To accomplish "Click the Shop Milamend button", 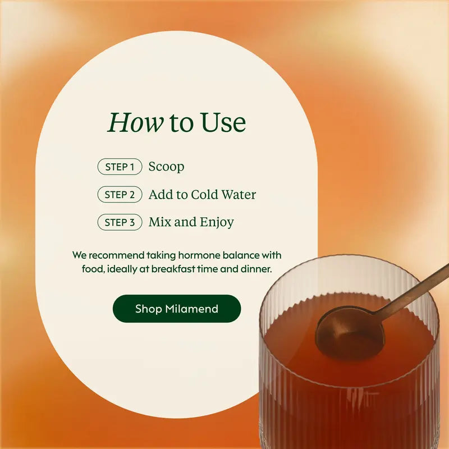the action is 177,309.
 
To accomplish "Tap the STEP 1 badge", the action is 120,167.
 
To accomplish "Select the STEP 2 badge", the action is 120,194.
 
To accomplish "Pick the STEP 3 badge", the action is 120,222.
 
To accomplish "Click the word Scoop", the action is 166,167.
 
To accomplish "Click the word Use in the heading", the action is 223,122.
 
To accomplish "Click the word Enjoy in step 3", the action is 217,222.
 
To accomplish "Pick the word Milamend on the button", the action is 192,309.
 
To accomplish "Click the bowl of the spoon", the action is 350,333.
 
